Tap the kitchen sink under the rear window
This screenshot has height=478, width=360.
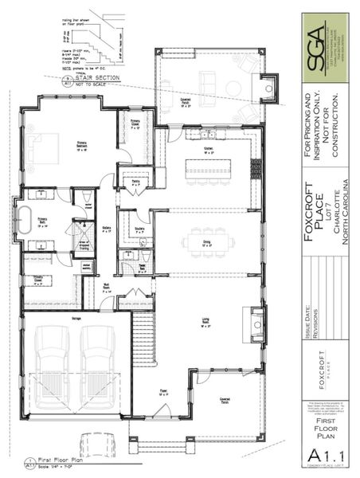tap(208, 134)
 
